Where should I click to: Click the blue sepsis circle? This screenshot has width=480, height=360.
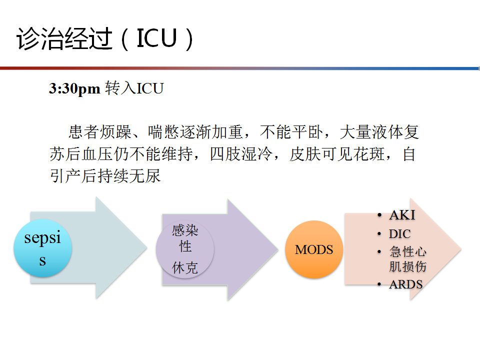[42, 248]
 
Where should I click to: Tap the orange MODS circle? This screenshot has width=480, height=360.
[314, 249]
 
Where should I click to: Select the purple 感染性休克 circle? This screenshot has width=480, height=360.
[185, 249]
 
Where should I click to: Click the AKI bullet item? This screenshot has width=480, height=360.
[402, 215]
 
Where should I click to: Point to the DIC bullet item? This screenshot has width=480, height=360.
[399, 234]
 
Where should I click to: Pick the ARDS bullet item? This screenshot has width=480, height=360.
[405, 284]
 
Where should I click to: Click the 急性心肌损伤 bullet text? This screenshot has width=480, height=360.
[408, 259]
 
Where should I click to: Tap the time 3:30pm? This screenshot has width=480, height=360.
[74, 89]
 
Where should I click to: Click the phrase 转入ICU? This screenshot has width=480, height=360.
[134, 88]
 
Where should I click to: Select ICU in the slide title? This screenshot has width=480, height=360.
[156, 38]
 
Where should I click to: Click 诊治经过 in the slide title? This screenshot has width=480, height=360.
[64, 38]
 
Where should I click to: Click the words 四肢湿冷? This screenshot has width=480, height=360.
[241, 154]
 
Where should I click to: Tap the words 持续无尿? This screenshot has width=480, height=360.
[129, 176]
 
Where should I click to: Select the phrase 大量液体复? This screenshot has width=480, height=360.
[379, 132]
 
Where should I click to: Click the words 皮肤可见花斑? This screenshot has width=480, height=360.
[337, 154]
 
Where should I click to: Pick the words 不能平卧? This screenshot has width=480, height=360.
[291, 132]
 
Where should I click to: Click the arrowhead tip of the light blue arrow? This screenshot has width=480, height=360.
[147, 247]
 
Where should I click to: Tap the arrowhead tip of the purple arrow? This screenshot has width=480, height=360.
[278, 249]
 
